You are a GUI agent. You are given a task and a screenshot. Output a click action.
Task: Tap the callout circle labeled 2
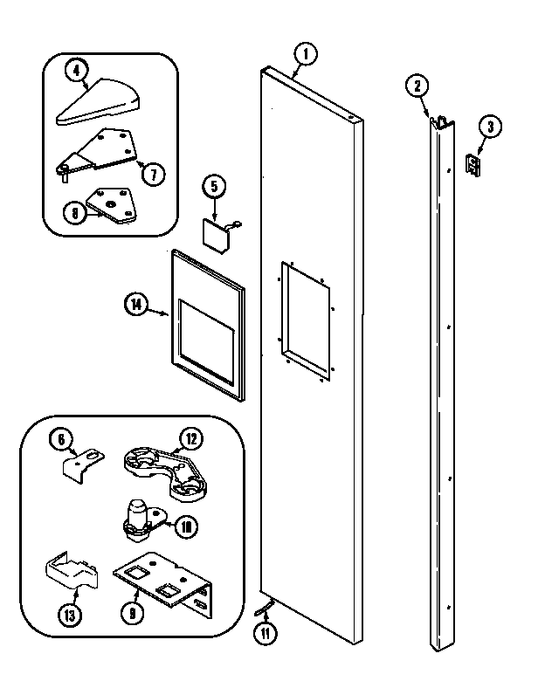[x=417, y=86]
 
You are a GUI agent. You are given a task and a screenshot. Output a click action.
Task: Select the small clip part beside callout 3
[x=474, y=165]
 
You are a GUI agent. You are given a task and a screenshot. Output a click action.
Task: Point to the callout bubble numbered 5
[x=214, y=185]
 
